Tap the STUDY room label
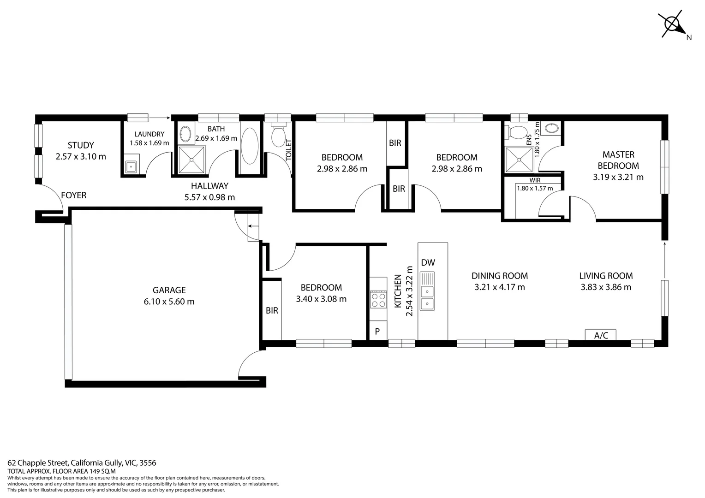[81, 145]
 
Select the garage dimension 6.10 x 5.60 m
[169, 302]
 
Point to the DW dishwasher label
[428, 263]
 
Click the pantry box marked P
[377, 331]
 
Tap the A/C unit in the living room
[600, 335]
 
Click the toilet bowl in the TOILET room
[278, 136]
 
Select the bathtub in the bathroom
[250, 146]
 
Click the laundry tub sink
[131, 166]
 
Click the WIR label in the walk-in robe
[535, 180]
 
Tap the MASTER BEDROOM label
[618, 160]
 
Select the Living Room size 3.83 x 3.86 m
[606, 287]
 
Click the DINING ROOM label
[499, 276]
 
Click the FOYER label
[74, 196]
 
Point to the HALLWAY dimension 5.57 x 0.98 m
[209, 197]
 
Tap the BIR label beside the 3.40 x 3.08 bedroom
[272, 310]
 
